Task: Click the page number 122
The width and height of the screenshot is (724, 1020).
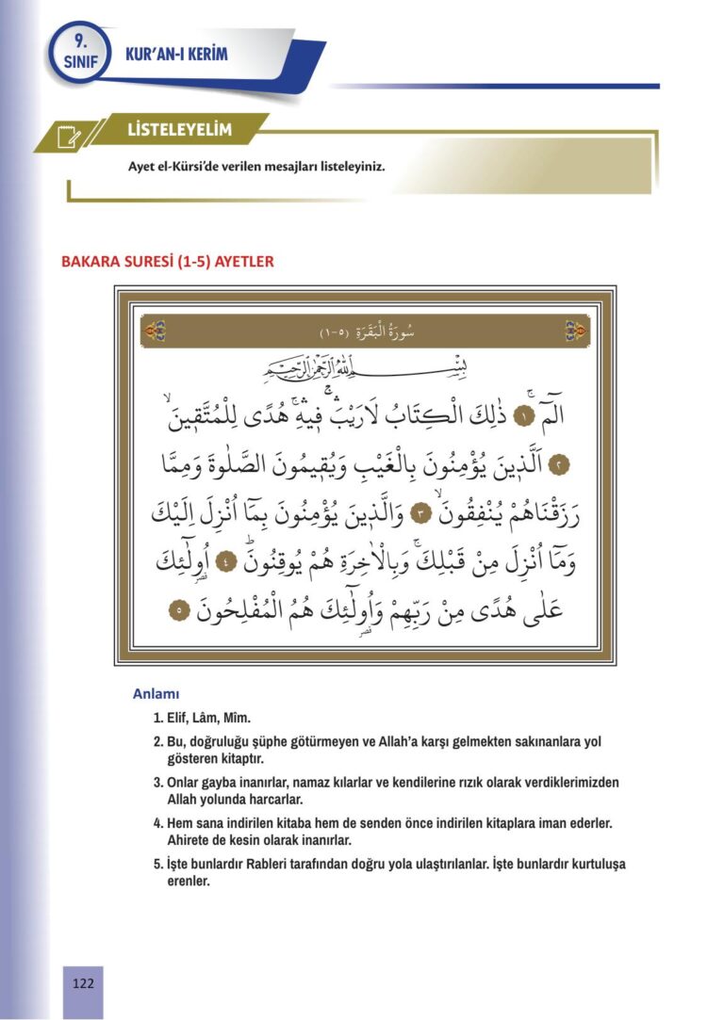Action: point(83,983)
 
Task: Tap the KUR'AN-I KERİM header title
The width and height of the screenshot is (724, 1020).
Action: point(176,56)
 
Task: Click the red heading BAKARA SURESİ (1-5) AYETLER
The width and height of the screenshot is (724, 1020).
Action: point(167,261)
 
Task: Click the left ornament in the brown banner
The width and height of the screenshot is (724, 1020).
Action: point(156,332)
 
